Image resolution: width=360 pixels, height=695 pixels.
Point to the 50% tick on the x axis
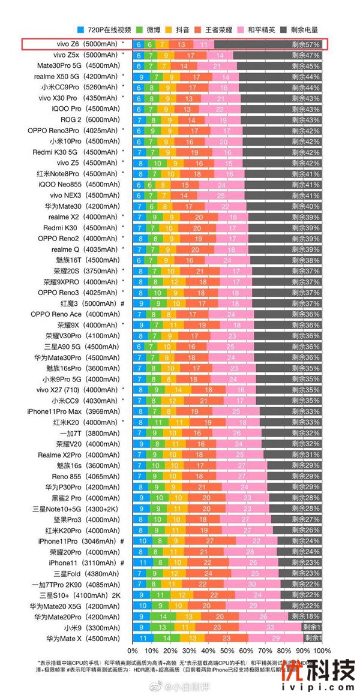pos(228,651)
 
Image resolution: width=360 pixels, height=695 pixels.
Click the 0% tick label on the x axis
pos(133,651)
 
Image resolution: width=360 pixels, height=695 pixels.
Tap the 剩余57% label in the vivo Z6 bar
pos(307,44)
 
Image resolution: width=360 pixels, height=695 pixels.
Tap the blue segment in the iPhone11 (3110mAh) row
pos(142,562)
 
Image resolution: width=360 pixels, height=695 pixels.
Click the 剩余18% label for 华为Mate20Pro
pos(307,616)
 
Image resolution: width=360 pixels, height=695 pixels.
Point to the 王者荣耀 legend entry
pos(217,29)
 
